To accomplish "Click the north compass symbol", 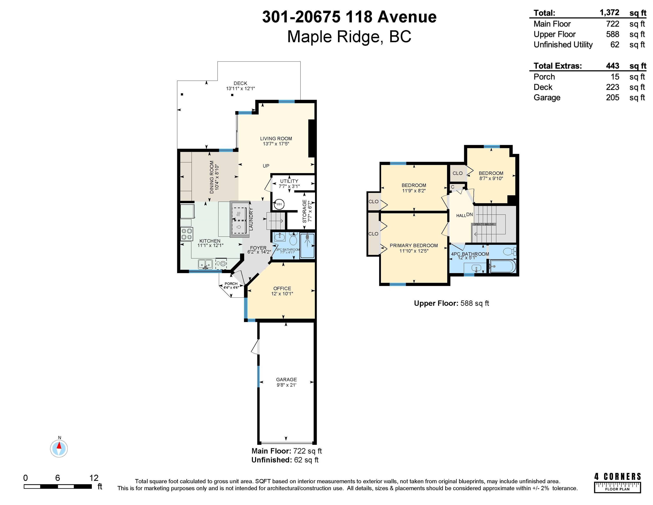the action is pyautogui.click(x=59, y=448).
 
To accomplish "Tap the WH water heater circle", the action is pyautogui.click(x=279, y=204).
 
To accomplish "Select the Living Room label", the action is pyautogui.click(x=276, y=139).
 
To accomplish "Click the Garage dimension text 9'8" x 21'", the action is pyautogui.click(x=287, y=385).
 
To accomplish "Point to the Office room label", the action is pyautogui.click(x=282, y=288).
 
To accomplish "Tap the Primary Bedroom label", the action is pyautogui.click(x=414, y=246).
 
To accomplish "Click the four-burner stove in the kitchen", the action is pyautogui.click(x=187, y=234).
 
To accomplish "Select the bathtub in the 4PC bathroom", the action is pyautogui.click(x=502, y=266).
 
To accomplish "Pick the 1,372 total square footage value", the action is pyautogui.click(x=609, y=12).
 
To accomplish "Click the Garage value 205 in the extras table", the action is pyautogui.click(x=613, y=98).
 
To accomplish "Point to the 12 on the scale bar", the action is pyautogui.click(x=94, y=478).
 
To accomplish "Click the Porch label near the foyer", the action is pyautogui.click(x=231, y=284).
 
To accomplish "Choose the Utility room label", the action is pyautogui.click(x=289, y=181).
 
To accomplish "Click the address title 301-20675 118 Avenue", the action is pyautogui.click(x=349, y=17).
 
